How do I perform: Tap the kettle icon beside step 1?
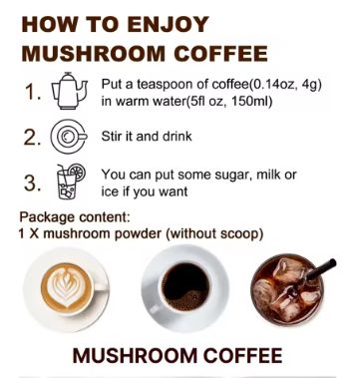coord(70,91)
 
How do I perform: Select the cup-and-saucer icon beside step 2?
coord(69,136)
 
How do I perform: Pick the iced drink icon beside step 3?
coord(71,182)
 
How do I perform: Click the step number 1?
coord(33,92)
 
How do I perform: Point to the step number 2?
coord(32,137)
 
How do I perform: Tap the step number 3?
coord(32,183)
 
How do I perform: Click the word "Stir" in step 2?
coord(111,136)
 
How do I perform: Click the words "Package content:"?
coord(75,217)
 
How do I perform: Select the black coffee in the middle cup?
coord(185,286)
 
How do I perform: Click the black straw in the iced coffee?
coord(320,269)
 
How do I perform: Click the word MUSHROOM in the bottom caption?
coord(135,355)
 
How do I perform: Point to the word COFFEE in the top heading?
coord(221,53)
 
